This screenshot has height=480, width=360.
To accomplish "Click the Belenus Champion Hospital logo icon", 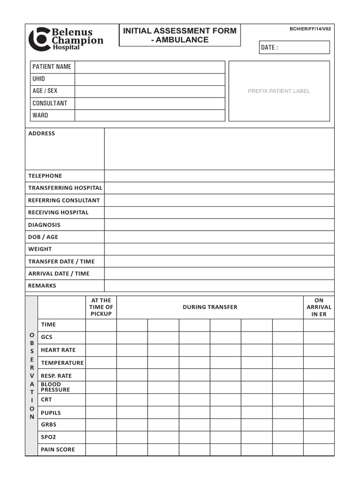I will pos(39,39).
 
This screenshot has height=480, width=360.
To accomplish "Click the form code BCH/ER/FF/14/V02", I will pos(310,29).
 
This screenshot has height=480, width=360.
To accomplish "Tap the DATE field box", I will pos(294,47).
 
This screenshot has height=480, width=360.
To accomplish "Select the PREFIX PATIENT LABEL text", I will pos(279,91).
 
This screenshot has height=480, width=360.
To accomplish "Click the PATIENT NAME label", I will pos(52,67).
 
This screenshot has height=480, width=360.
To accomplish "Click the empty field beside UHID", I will pos(150,79).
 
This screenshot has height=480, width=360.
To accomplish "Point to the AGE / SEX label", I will pos(45,91).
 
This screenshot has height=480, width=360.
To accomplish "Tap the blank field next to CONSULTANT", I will pos(150,104).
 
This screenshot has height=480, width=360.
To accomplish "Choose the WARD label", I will pos(40,115).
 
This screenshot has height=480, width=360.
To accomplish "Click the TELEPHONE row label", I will pos(45,176).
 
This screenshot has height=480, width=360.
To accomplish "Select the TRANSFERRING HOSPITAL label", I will pos(65,188).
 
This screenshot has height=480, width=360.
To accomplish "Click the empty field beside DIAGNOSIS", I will pos(219,225).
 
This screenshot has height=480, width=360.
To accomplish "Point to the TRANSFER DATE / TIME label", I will pos(61,262).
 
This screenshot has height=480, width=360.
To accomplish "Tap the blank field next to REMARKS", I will pos(219,286).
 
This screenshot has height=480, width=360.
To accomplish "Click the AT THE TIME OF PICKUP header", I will pos(101,307).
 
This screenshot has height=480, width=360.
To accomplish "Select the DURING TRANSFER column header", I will pos(210,307).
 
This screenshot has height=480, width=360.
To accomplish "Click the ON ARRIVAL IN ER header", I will pos(319,307).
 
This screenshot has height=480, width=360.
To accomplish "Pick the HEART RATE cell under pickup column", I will pos(101,350).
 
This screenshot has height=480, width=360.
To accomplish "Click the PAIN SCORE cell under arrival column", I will pos(319,450).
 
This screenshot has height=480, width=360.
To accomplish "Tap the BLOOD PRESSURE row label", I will pos(55,387).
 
